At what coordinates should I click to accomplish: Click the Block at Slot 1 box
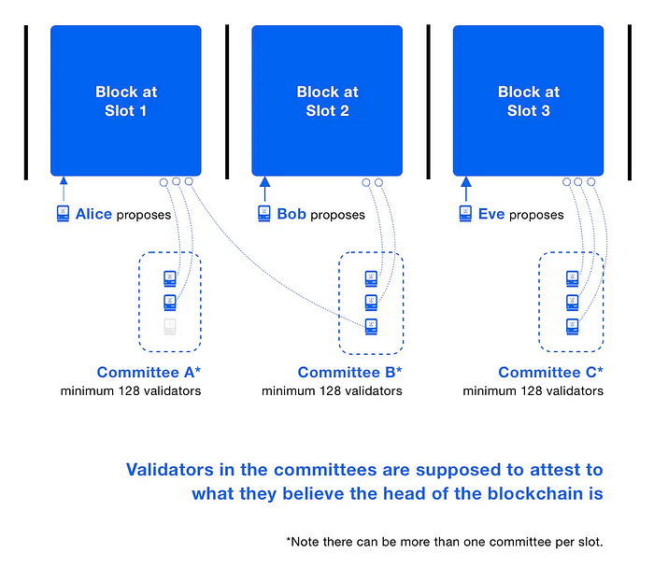(x=126, y=101)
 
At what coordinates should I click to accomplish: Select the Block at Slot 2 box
(x=327, y=101)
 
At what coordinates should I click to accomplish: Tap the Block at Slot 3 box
(x=528, y=101)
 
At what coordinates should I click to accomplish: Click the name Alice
(x=93, y=214)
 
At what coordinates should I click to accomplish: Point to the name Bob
(x=291, y=214)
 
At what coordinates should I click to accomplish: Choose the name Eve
(x=491, y=214)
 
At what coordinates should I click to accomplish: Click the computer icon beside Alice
(x=63, y=214)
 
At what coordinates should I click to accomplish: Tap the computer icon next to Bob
(x=264, y=214)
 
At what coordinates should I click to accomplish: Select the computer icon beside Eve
(x=465, y=214)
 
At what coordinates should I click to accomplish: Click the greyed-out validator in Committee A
(x=170, y=327)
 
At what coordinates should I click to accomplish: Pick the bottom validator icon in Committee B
(x=371, y=327)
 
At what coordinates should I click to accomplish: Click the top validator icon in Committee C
(x=572, y=278)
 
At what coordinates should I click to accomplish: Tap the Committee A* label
(x=149, y=372)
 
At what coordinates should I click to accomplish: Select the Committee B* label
(x=350, y=372)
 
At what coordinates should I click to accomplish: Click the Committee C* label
(x=551, y=372)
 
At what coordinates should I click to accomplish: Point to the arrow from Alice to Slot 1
(x=64, y=189)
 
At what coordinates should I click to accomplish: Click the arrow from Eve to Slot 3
(x=466, y=189)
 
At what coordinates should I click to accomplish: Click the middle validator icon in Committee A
(x=170, y=303)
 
